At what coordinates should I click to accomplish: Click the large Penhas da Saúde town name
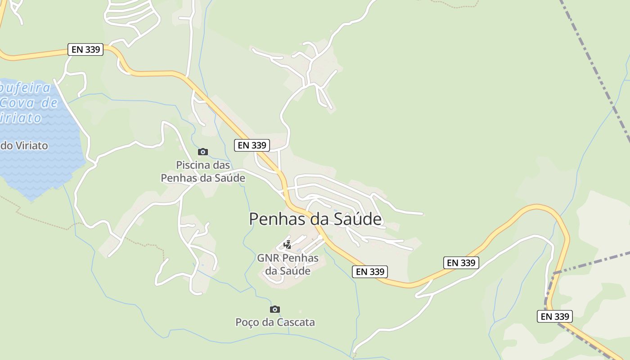(315, 219)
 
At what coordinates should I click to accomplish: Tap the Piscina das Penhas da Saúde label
(203, 171)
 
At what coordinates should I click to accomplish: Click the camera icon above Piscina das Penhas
(203, 152)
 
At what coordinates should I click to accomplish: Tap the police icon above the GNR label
(288, 245)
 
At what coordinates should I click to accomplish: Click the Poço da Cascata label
(275, 322)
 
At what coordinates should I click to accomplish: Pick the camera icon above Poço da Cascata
(275, 309)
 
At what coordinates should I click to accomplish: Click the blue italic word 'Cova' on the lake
(29, 103)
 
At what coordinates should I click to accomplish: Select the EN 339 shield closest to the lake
(85, 49)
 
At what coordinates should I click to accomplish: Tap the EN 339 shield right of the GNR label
(369, 271)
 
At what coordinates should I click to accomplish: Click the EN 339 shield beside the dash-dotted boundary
(555, 316)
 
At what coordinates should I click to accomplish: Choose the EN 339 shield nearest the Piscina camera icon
(252, 145)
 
